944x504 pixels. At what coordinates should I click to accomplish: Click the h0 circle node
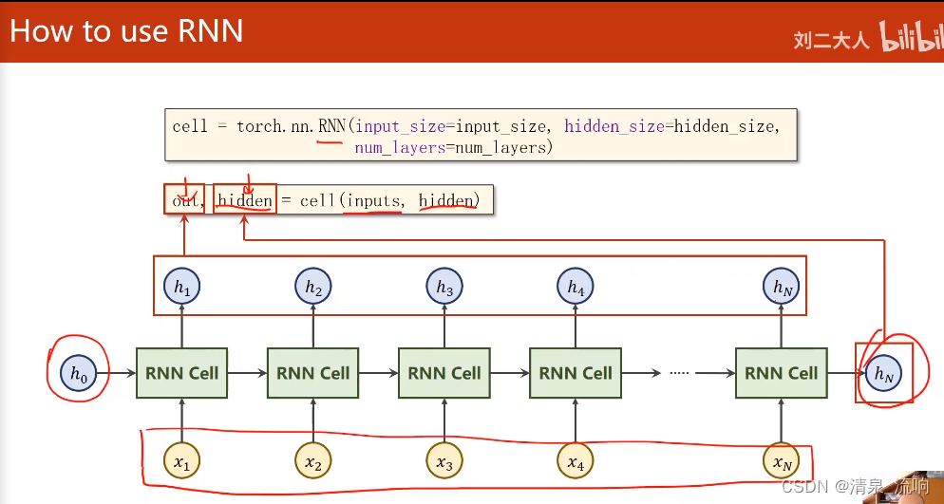[77, 374]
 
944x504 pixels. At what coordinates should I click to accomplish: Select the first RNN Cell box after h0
[181, 374]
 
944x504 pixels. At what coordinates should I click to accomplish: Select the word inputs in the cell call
[373, 200]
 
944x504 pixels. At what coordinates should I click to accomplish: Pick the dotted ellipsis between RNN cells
[678, 374]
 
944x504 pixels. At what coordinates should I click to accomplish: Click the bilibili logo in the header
[911, 38]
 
